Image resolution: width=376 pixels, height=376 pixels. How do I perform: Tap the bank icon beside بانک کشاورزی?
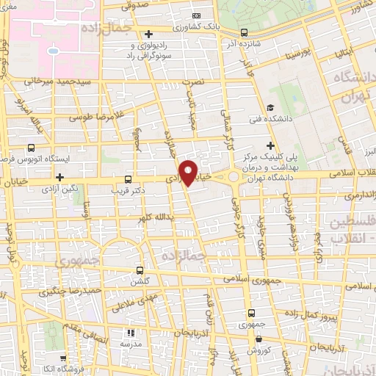coord(195,16)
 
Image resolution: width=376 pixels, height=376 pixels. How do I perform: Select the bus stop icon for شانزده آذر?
coord(245,32)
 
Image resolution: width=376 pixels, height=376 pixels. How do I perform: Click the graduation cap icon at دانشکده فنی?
coord(270,108)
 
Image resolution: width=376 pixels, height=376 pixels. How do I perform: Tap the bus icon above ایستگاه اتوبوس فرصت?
coord(31,147)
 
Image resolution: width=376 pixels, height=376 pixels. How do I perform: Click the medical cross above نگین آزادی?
coord(59,176)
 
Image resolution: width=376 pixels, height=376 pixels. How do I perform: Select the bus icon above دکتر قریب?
coord(129,178)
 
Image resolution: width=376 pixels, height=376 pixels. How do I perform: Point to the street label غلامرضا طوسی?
coord(90,116)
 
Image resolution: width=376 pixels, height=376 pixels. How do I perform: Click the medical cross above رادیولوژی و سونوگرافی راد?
coord(148,34)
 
